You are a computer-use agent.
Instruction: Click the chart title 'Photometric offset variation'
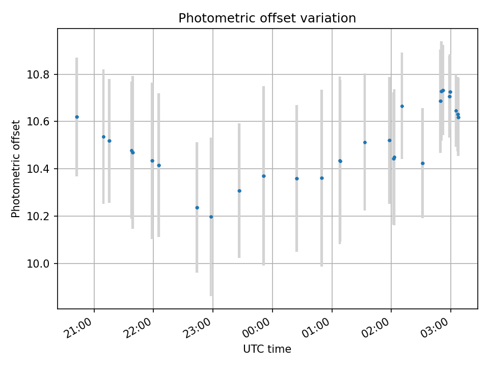pos(267,18)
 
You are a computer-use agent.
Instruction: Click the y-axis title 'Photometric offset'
pos(16,169)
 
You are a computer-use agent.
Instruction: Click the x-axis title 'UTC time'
pos(267,349)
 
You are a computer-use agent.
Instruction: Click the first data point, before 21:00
pos(77,117)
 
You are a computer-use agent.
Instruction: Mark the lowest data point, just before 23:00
pos(211,217)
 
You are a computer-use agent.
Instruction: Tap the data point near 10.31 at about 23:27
pos(239,191)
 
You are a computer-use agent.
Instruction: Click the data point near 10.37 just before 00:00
pos(264,176)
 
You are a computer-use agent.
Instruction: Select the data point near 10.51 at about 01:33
pos(365,142)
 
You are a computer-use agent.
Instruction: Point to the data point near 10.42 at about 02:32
pos(423,163)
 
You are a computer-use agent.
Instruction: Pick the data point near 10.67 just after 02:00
pos(402,106)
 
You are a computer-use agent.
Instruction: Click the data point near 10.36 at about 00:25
pos(297,178)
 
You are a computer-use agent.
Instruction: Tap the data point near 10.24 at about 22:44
pos(197,207)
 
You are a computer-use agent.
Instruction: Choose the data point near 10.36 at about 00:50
pos(322,178)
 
